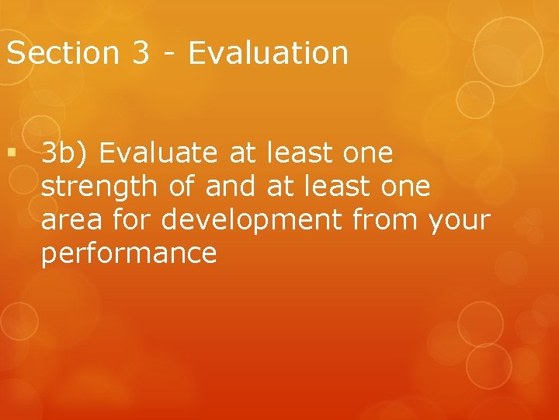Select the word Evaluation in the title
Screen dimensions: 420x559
point(267,53)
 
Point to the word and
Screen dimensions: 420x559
point(236,187)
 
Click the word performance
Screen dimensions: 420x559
point(129,254)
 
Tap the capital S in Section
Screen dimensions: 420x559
point(15,53)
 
